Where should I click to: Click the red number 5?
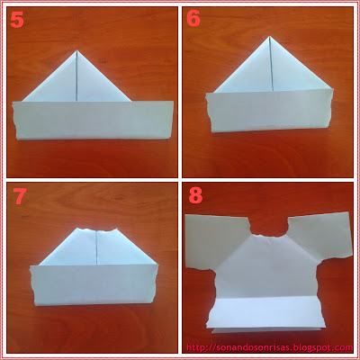click(x=17, y=21)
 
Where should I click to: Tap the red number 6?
click(x=193, y=19)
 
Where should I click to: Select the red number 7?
click(x=19, y=196)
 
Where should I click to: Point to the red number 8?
click(x=195, y=195)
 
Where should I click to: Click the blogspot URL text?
click(x=269, y=347)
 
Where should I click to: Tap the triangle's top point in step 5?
click(x=77, y=50)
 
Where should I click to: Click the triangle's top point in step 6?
click(x=270, y=36)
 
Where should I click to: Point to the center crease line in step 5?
click(x=77, y=76)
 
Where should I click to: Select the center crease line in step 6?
click(x=272, y=63)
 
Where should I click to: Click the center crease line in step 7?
click(x=97, y=247)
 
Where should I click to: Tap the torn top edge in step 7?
click(x=96, y=230)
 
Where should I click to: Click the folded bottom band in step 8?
click(x=266, y=313)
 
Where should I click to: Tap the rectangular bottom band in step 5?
click(x=93, y=121)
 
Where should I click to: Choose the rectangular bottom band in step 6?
click(x=269, y=111)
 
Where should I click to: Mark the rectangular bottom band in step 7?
click(x=94, y=285)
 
